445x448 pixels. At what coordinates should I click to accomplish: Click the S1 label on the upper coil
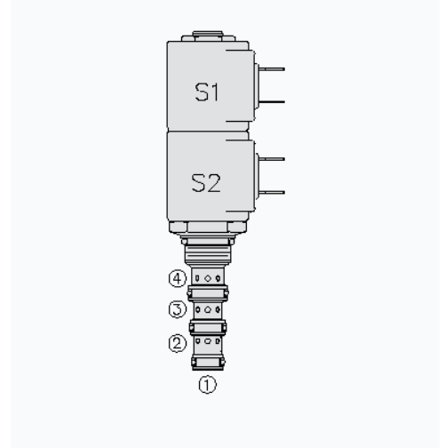pyautogui.click(x=205, y=92)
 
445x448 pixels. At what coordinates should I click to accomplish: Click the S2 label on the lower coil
pyautogui.click(x=205, y=184)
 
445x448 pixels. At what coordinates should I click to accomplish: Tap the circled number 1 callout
pyautogui.click(x=206, y=386)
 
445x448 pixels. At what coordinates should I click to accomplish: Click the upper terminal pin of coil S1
pyautogui.click(x=274, y=68)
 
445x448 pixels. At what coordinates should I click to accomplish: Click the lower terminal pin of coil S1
pyautogui.click(x=274, y=100)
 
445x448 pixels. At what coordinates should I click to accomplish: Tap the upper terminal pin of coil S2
pyautogui.click(x=274, y=160)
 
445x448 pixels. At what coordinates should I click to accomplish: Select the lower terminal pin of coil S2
pyautogui.click(x=274, y=193)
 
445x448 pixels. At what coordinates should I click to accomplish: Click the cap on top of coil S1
pyautogui.click(x=206, y=38)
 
